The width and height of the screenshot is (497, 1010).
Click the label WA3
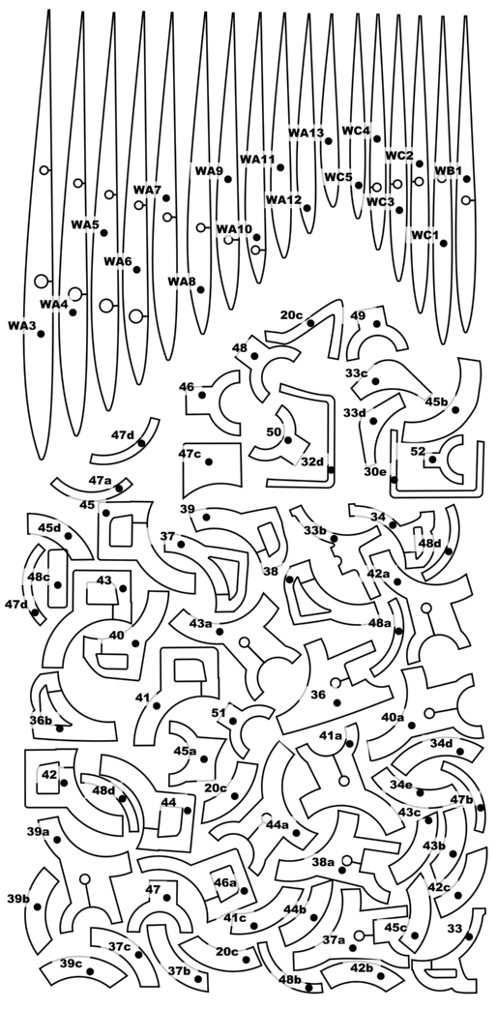[x=21, y=326]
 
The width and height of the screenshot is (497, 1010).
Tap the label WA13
[x=306, y=133]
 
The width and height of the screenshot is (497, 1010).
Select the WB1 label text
[x=449, y=170]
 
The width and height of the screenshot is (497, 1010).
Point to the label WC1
[x=424, y=235]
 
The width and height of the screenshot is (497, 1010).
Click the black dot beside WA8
[x=201, y=290]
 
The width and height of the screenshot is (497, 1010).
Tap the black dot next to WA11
[x=280, y=167]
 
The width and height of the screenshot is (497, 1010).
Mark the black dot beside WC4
[x=377, y=138]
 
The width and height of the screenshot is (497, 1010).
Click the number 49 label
[x=359, y=315]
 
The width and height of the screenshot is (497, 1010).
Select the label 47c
[x=190, y=454]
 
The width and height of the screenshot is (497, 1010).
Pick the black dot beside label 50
[x=288, y=440]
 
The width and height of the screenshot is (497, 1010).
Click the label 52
[x=418, y=452]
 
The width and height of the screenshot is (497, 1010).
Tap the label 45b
[x=436, y=401]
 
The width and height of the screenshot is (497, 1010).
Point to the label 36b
[x=41, y=720]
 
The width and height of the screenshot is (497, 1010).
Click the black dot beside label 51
[x=233, y=721]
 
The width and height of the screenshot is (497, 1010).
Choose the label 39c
[x=72, y=964]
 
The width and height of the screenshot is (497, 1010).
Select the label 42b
[x=362, y=968]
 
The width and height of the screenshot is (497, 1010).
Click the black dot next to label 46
[x=202, y=395]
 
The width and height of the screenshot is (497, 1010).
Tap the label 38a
[x=323, y=862]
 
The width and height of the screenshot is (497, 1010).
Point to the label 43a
[x=201, y=624]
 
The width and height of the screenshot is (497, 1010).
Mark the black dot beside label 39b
[x=38, y=906]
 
